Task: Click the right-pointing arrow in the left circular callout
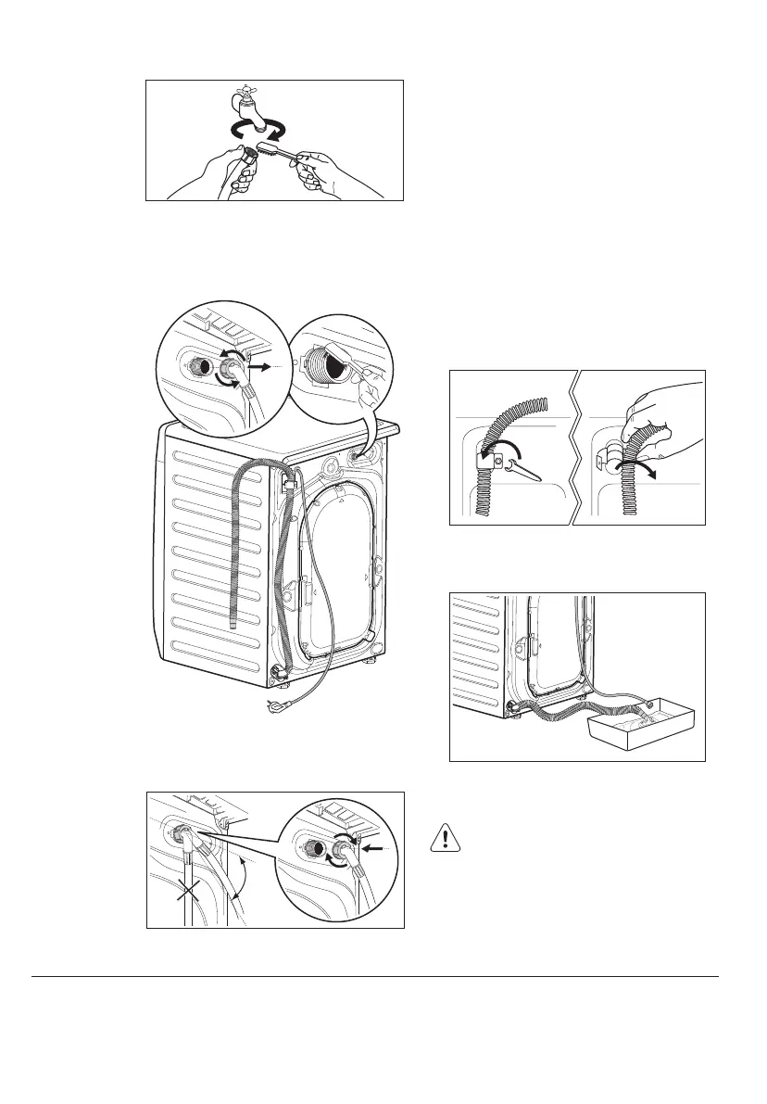pyautogui.click(x=264, y=367)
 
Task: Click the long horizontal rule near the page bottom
pyautogui.click(x=375, y=976)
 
